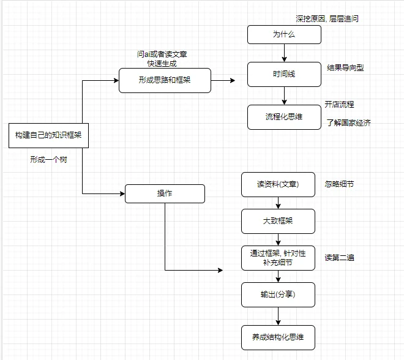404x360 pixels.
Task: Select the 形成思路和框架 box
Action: [165, 80]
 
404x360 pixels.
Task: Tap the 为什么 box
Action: [284, 34]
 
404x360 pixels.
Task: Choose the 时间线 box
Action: [284, 74]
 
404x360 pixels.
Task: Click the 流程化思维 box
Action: [284, 117]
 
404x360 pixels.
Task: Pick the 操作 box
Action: [165, 193]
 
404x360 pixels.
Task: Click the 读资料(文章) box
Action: [278, 184]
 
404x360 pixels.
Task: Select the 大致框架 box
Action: [278, 221]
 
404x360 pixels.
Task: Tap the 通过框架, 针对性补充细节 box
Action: [278, 258]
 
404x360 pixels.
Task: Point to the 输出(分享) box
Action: [278, 294]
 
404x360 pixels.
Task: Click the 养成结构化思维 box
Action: [278, 337]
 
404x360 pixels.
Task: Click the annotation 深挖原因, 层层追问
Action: [327, 19]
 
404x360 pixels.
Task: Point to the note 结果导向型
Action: [345, 68]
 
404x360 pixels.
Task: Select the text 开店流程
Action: [339, 105]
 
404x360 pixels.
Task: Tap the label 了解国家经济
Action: [348, 123]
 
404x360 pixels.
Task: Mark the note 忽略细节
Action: [339, 184]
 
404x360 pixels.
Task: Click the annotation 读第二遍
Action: [339, 258]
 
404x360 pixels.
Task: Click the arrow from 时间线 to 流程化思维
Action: [284, 96]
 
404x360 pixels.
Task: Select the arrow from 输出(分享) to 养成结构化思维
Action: [278, 316]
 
